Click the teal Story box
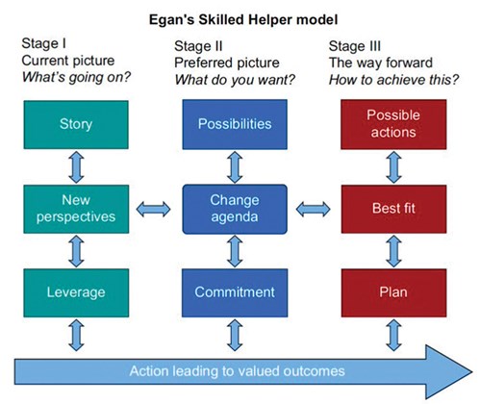coord(76,125)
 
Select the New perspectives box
coord(76,209)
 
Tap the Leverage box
coord(76,292)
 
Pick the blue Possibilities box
coord(235,124)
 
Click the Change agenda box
coord(235,209)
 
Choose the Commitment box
coord(235,292)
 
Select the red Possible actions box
coord(393,124)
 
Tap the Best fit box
coord(393,209)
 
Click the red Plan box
coord(393,292)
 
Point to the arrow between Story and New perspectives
coord(76,167)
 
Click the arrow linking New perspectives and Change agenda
coord(153,210)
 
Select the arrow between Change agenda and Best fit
coord(313,210)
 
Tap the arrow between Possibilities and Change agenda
coord(235,167)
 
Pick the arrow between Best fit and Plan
coord(393,251)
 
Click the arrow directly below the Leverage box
coord(76,335)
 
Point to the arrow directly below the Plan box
coord(393,335)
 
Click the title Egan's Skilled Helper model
coord(243,20)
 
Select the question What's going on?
coord(76,77)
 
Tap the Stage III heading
coord(355,46)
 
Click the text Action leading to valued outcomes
coord(238,371)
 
